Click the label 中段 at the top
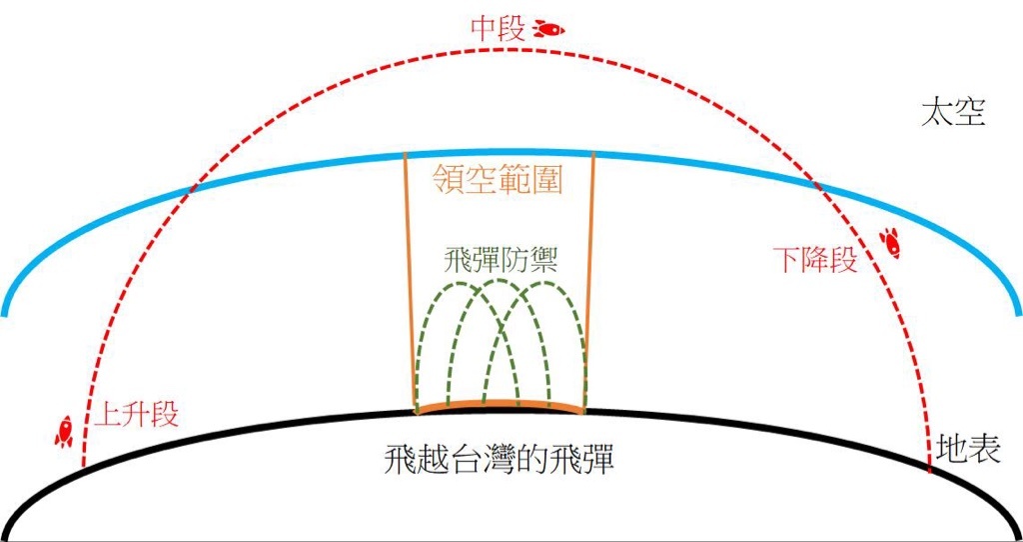(498, 30)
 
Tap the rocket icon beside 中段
(548, 29)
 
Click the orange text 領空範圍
(498, 178)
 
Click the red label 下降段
(815, 261)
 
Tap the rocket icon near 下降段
(890, 243)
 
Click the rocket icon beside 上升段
(63, 432)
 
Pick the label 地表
(967, 450)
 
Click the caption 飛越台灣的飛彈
(500, 460)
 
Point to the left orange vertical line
(411, 283)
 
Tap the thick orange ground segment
(501, 406)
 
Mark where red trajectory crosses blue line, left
(189, 190)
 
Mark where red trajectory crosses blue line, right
(815, 183)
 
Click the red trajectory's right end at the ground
(930, 469)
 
